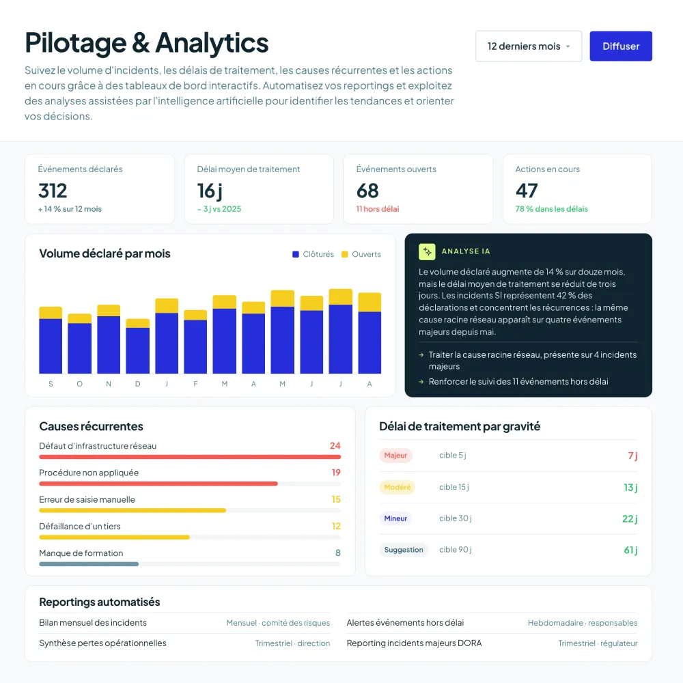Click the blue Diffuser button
(621, 46)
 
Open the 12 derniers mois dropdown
(529, 46)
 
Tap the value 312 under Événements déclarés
(53, 191)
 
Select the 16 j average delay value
(210, 191)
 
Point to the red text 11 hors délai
(378, 209)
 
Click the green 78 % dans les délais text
(551, 209)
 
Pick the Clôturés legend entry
(313, 254)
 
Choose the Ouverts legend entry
(361, 254)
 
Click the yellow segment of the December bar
(138, 323)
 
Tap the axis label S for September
(51, 384)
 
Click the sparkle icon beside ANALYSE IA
(427, 251)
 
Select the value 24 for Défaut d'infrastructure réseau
(335, 445)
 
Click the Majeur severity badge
(395, 455)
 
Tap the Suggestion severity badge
(404, 550)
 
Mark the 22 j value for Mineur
(630, 518)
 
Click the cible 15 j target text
(454, 487)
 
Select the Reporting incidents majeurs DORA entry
(415, 643)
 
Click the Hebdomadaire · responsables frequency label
(583, 623)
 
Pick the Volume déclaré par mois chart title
(104, 253)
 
